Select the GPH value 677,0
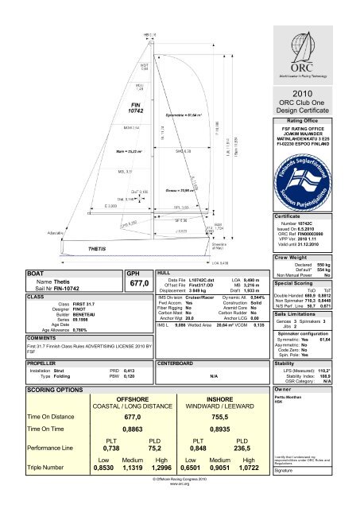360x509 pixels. coord(139,282)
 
